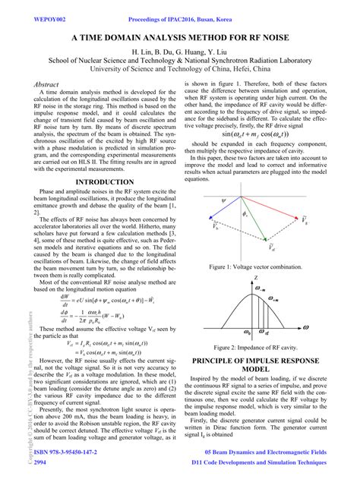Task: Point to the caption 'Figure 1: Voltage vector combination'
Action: pyautogui.click(x=262, y=268)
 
